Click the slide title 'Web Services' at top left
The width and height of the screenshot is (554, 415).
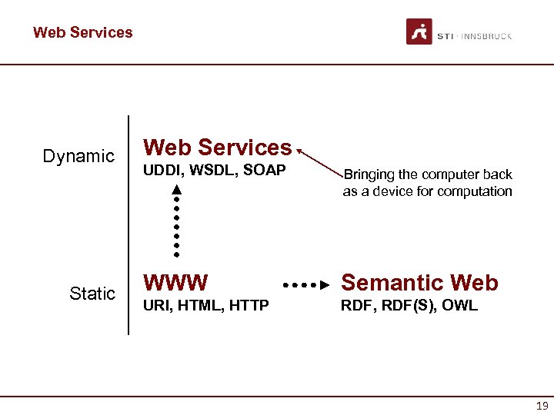(x=82, y=32)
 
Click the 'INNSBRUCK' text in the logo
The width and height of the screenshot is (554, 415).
(x=486, y=35)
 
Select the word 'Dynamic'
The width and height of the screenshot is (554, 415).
(x=78, y=157)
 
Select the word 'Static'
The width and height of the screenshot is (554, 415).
(x=92, y=294)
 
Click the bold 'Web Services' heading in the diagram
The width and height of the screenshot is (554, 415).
(x=218, y=147)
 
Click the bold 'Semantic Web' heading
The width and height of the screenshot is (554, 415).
(x=419, y=283)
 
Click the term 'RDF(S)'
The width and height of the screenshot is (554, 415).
(x=411, y=306)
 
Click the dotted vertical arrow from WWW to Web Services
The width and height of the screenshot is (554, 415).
(x=176, y=219)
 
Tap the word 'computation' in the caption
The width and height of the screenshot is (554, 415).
(x=474, y=191)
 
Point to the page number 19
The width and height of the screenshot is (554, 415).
(x=541, y=406)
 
